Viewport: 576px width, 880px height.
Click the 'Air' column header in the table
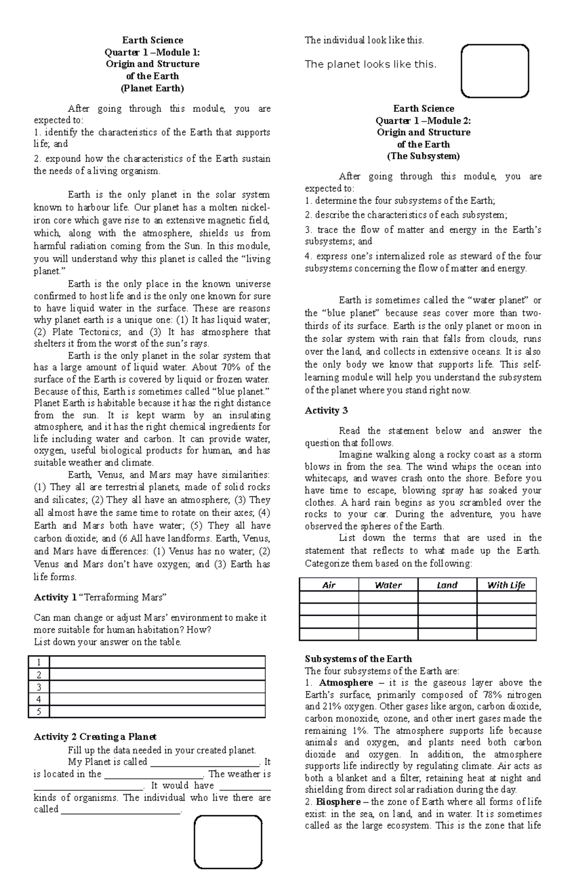coord(329,585)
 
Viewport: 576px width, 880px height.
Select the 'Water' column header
coord(388,585)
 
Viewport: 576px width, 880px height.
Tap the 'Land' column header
coord(447,585)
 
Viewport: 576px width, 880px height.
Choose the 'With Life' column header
coord(506,585)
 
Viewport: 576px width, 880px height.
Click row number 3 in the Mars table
coord(39,687)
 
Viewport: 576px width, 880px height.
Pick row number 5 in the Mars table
coord(39,712)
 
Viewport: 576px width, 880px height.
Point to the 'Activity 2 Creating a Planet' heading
coord(95,737)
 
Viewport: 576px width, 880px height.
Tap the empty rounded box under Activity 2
coord(228,842)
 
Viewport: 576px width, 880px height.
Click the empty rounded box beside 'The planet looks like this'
coord(494,71)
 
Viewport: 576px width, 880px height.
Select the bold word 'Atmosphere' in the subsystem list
coord(346,682)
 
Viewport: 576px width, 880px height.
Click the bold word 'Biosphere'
coord(338,802)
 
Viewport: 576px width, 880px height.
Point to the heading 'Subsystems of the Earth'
coord(359,659)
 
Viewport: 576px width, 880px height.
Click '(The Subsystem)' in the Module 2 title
coord(423,156)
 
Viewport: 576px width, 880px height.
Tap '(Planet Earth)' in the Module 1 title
coord(152,88)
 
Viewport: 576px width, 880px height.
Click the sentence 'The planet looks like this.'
coord(371,64)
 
